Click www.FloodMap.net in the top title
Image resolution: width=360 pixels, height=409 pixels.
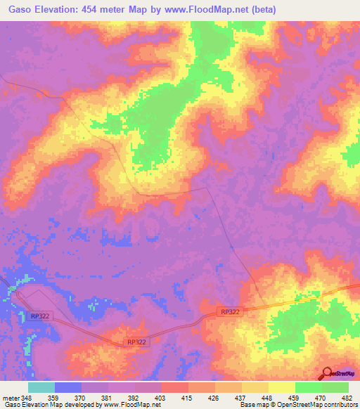[x=208, y=10]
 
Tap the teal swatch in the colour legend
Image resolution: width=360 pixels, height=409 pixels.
[x=41, y=387]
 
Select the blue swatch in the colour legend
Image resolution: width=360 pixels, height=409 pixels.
[x=68, y=387]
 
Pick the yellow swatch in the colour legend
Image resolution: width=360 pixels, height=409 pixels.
[x=281, y=387]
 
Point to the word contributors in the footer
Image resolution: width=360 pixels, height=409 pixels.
[x=339, y=405]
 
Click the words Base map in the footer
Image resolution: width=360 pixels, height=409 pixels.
[x=252, y=405]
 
